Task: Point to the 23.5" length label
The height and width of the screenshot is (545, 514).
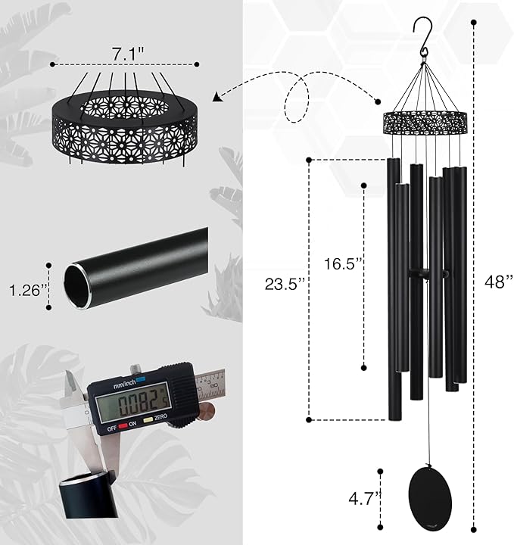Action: point(285,285)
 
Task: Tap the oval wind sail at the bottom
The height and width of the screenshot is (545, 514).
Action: point(428,495)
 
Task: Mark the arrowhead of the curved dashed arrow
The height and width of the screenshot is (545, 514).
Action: point(218,96)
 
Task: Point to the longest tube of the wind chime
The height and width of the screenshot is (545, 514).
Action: point(394,288)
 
